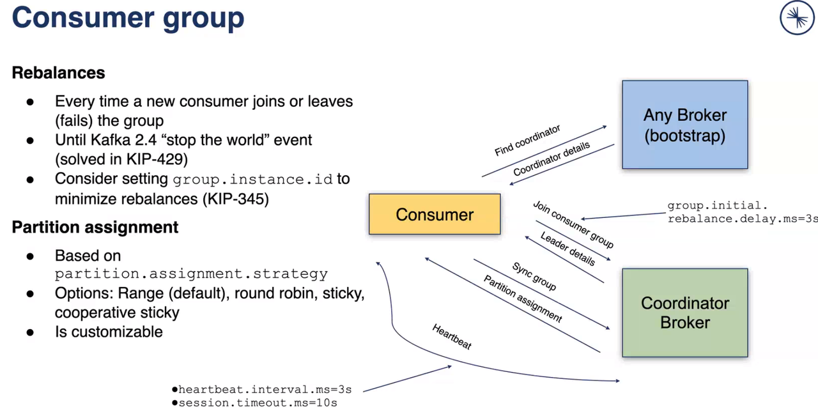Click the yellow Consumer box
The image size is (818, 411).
(x=435, y=214)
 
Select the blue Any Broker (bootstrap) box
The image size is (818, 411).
(x=684, y=125)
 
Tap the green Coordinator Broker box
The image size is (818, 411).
(x=684, y=313)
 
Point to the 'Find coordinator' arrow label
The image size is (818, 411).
(x=527, y=141)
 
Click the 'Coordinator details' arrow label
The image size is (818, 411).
(x=552, y=160)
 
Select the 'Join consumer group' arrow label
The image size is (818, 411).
(x=573, y=224)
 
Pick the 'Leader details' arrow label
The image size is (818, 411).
(x=567, y=249)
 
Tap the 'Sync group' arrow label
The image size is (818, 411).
(x=534, y=276)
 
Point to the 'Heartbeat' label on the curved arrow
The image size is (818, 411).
(x=452, y=337)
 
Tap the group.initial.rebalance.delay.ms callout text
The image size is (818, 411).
(x=742, y=212)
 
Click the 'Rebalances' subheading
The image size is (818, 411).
(x=58, y=73)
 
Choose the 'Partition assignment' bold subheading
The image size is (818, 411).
(x=95, y=228)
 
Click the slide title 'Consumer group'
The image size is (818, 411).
(x=128, y=18)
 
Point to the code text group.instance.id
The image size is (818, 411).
(x=253, y=179)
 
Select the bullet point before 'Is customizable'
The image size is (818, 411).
(x=30, y=332)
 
